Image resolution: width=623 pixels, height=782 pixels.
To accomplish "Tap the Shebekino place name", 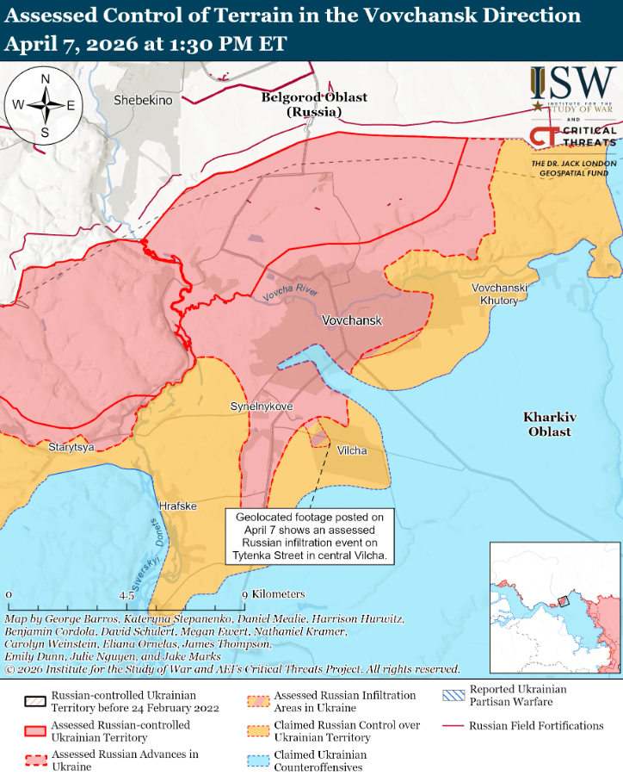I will pos(143,101).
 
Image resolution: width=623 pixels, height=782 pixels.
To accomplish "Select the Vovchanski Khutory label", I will pos(495,294).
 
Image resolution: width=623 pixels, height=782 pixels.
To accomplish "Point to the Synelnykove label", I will pos(262,406).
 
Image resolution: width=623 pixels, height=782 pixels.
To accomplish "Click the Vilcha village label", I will pos(351,450).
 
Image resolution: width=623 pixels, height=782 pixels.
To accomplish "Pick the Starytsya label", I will pos(71,448).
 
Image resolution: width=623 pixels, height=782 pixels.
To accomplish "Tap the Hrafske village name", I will pos(177,506).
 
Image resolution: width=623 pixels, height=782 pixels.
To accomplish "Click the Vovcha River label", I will pos(291,293).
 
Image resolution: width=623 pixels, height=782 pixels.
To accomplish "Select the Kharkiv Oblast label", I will pos(548,424).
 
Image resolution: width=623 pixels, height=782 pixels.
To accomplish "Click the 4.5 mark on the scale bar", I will pos(126,594).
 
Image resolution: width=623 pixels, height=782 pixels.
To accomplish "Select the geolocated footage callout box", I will pos(311,537).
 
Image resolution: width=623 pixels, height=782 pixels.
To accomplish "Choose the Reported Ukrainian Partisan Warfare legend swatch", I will pos(452,696).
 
